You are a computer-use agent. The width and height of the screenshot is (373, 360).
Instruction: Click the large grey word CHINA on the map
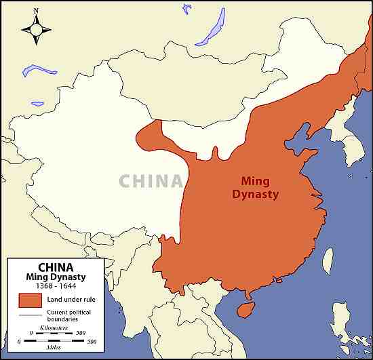(x=151, y=181)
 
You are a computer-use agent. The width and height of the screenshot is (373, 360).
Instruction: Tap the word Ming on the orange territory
(x=256, y=181)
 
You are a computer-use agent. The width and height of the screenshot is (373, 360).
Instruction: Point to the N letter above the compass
(x=36, y=12)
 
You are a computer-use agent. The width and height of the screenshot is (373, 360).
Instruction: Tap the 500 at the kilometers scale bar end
(x=81, y=333)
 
